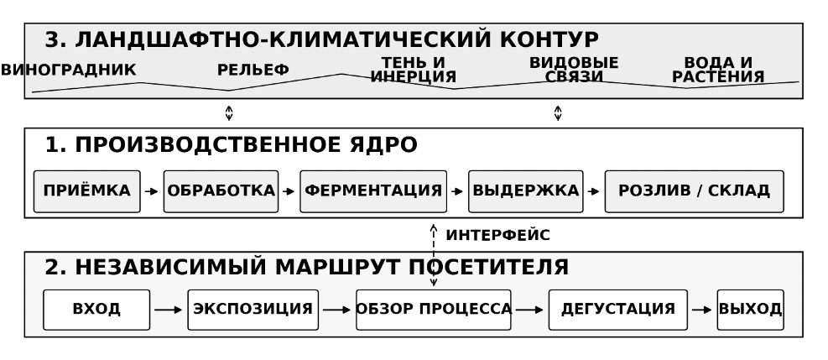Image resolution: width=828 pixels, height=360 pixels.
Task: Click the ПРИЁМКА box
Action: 87,191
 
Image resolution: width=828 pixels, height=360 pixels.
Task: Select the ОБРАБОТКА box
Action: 221,191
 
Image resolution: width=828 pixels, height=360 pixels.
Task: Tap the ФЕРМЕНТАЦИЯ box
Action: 373,191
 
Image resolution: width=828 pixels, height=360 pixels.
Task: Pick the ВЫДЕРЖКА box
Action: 526,191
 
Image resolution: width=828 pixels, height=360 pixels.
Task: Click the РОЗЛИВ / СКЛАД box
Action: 695,191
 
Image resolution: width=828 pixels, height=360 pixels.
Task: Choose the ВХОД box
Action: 96,310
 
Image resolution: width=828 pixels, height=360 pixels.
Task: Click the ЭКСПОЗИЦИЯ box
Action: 253,310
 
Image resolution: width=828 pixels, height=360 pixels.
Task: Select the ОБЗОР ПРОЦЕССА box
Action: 434,310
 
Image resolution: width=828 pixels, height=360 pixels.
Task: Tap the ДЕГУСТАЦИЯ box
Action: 617,310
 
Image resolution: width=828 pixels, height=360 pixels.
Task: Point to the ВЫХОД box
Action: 750,310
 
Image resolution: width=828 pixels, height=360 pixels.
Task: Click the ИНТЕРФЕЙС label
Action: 498,236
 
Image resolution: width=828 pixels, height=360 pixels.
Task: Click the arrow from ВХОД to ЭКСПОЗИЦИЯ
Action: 169,310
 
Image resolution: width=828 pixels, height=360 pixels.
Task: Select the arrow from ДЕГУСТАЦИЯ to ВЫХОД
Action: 702,310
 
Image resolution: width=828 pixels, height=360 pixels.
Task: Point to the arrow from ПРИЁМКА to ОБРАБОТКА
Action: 152,191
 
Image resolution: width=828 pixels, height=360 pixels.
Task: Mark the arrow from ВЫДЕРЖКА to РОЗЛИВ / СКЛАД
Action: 594,191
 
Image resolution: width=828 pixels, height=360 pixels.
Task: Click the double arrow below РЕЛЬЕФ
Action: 229,113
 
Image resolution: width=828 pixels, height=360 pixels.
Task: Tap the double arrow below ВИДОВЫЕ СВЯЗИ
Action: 558,113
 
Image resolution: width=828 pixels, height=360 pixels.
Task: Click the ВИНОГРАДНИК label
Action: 69,70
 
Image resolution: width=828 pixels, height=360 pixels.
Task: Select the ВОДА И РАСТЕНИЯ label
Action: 718,70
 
